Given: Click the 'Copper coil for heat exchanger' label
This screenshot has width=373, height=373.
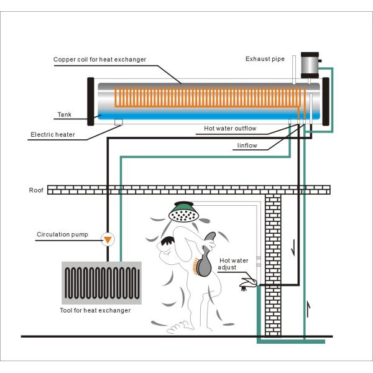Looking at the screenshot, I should (99, 60).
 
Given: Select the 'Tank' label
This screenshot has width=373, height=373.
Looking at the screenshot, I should (65, 114).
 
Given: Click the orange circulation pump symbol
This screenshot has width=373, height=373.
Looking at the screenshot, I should (108, 239).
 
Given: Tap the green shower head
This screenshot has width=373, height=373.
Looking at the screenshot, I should (184, 213).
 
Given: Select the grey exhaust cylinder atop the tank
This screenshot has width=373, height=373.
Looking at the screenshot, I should (309, 65).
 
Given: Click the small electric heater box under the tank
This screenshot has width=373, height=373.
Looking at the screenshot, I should (118, 121).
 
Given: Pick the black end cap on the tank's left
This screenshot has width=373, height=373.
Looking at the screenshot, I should (91, 101).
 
